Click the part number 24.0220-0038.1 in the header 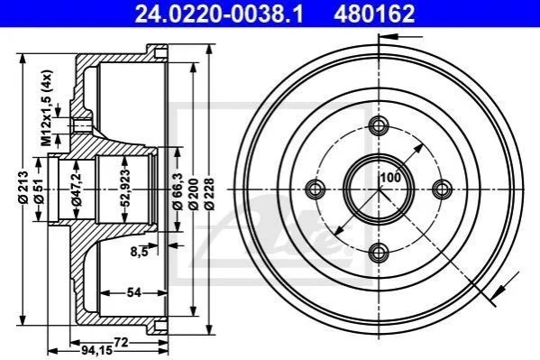219,14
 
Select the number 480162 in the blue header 373,14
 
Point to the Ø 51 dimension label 39,190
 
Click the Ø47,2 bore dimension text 77,189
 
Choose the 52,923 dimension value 125,188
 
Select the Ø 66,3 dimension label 178,190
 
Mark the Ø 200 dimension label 194,194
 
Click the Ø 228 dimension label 209,194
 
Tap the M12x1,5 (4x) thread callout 47,107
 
